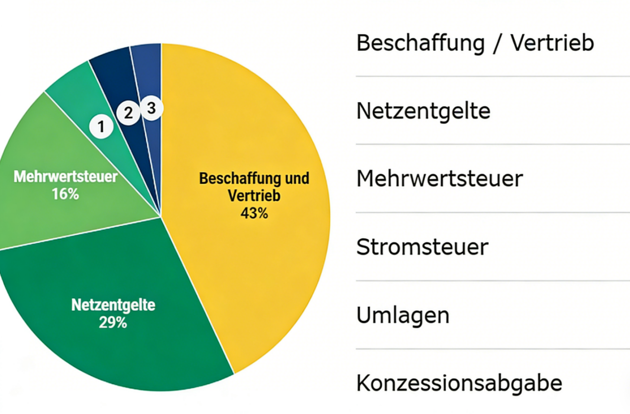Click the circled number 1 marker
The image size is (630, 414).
pos(101,127)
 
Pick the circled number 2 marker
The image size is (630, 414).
pos(129,114)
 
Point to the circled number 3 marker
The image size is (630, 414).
pos(151,107)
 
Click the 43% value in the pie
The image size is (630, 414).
pos(254,213)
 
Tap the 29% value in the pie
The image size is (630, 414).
pos(113,323)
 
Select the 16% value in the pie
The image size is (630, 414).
pos(66,194)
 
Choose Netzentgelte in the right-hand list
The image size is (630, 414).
pos(423,111)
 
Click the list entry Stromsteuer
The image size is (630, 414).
pos(422,247)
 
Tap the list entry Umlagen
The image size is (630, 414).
pos(403,315)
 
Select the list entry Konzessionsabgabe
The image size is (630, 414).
pos(459,383)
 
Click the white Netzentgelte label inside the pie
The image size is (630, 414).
pos(113,304)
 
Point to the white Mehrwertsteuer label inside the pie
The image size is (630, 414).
pos(66,177)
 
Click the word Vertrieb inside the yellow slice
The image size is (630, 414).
pos(254,196)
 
